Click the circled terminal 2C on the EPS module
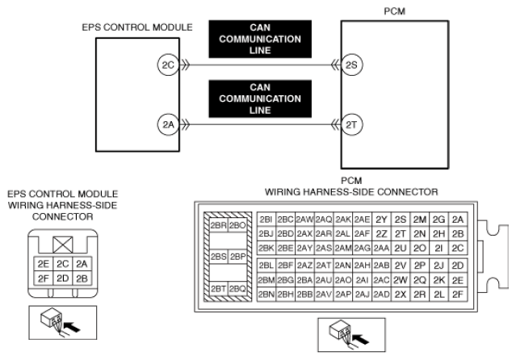(x=168, y=65)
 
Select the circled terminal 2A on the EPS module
(x=168, y=125)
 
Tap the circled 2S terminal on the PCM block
(x=351, y=65)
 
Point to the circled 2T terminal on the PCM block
(x=351, y=125)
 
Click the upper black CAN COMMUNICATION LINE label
(x=260, y=40)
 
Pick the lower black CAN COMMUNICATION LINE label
(x=260, y=98)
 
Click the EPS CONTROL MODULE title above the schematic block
(x=137, y=27)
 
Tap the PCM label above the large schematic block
(x=395, y=11)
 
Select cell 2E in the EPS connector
(x=44, y=264)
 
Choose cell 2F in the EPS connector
(x=44, y=278)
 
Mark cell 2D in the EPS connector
(x=62, y=278)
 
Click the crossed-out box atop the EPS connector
(x=62, y=245)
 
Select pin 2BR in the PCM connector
(x=219, y=225)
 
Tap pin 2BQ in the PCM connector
(x=237, y=289)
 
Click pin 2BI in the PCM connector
(x=266, y=220)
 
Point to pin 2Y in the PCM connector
(x=381, y=220)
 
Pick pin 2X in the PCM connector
(x=401, y=294)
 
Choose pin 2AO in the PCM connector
(x=343, y=280)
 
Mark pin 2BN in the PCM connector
(x=266, y=294)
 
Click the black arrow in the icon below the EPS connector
(x=72, y=327)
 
